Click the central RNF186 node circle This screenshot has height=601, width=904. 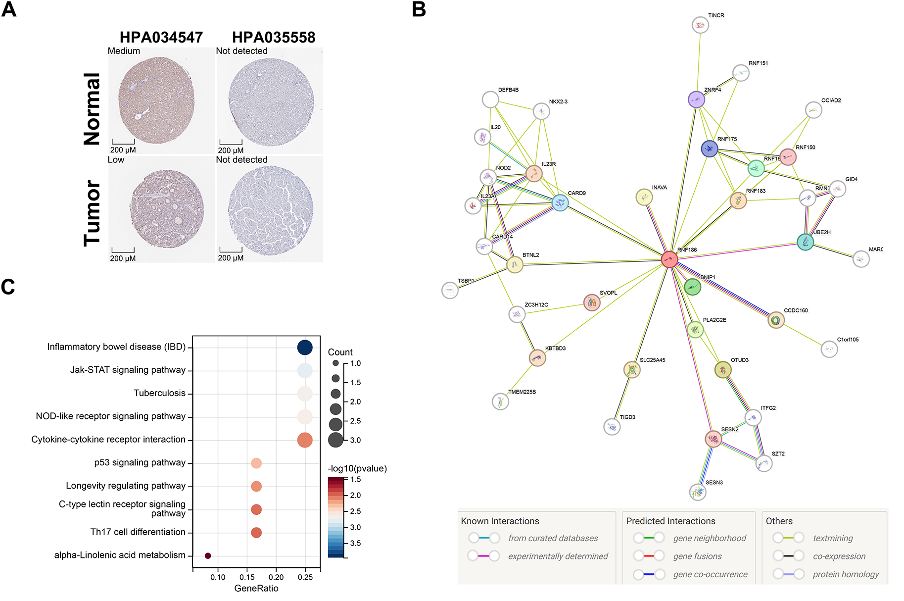click(669, 259)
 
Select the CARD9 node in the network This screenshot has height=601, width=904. click(560, 202)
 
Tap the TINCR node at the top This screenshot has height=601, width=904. click(700, 25)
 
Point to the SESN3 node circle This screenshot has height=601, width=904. click(698, 492)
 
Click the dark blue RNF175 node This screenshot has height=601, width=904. click(710, 149)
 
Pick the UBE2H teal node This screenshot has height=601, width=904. click(805, 242)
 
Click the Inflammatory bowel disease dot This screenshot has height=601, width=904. click(305, 348)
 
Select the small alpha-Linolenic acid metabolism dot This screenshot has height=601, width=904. click(208, 556)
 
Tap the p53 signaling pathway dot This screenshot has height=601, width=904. click(256, 463)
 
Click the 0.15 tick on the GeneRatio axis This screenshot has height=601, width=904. click(247, 577)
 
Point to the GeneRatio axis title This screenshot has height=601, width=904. click(256, 588)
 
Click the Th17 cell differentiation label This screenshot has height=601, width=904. click(138, 532)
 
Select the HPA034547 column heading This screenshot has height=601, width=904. click(161, 38)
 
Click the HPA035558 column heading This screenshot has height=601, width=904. click(274, 38)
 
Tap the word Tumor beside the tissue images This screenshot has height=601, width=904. click(93, 213)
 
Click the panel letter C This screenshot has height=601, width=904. click(8, 287)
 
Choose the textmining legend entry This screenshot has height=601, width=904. click(833, 538)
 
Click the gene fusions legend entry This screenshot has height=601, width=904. click(697, 556)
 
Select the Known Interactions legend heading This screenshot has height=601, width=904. click(500, 521)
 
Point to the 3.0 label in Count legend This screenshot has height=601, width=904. click(355, 440)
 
